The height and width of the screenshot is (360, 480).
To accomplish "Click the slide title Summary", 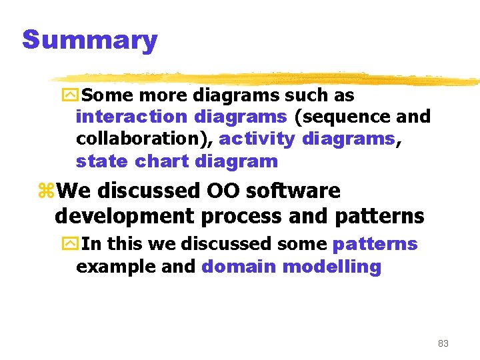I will click(89, 40).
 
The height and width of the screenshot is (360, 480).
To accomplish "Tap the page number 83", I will click(443, 343).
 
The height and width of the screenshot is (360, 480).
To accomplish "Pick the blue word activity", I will click(257, 139).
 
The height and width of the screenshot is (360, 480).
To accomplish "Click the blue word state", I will click(102, 161).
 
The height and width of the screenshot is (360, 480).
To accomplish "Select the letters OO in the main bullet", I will click(224, 191).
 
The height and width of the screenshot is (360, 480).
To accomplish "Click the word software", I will click(293, 191).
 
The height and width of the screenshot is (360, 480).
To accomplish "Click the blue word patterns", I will click(375, 245).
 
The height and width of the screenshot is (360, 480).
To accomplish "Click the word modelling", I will click(332, 267).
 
